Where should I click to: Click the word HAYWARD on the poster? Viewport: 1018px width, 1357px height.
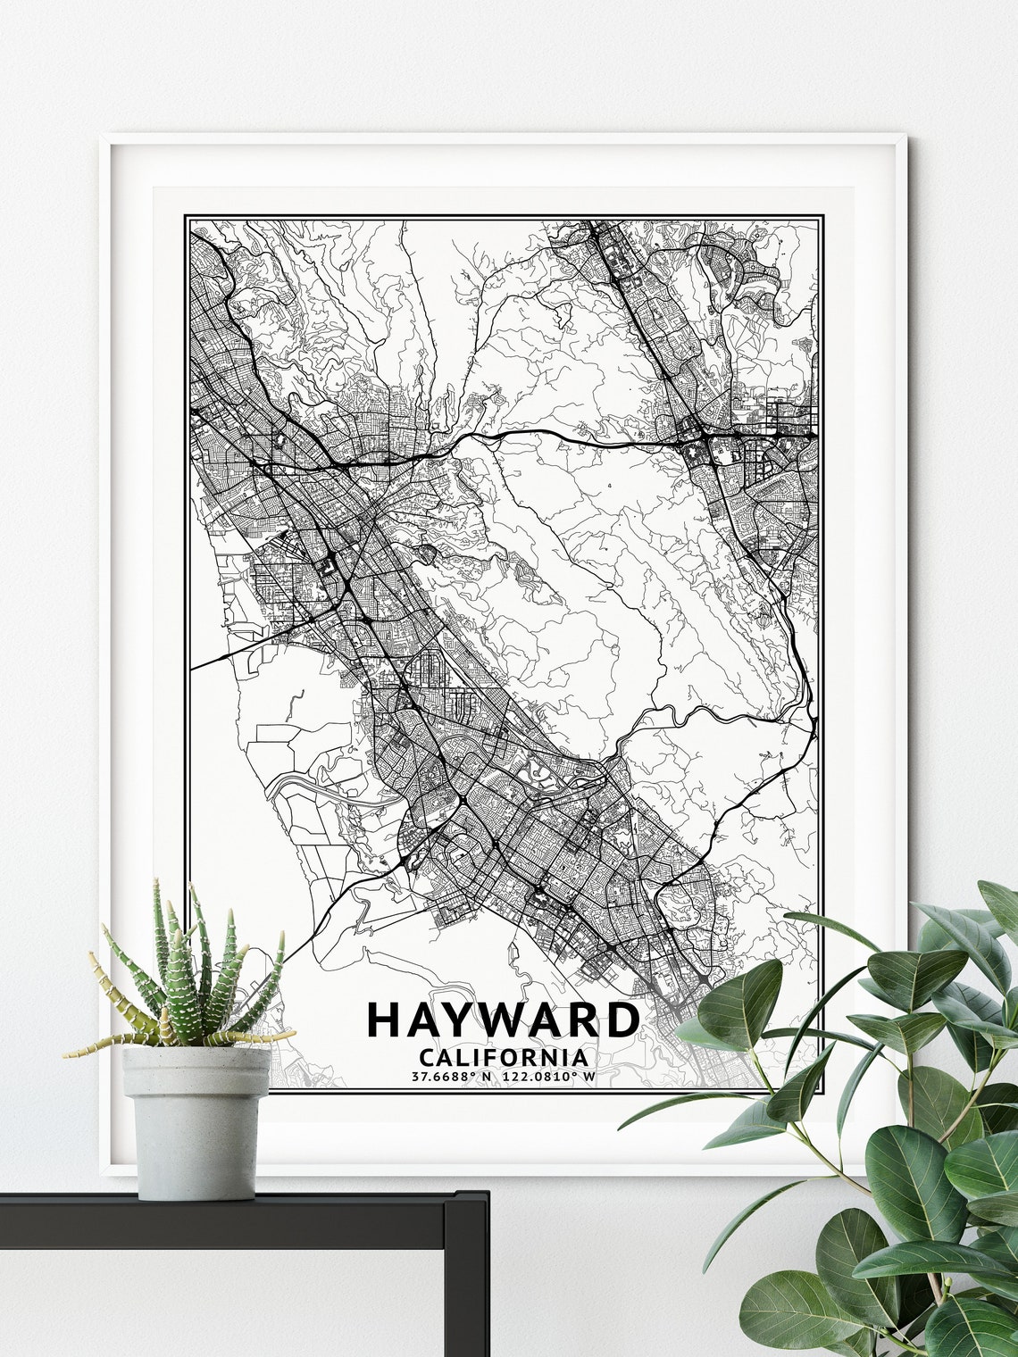[503, 1020]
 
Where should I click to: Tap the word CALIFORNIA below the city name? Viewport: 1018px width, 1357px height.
[503, 1058]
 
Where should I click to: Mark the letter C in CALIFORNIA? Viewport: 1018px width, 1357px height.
[425, 1058]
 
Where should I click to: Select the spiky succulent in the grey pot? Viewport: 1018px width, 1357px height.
[188, 973]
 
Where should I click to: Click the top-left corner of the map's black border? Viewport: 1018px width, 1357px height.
[186, 216]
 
